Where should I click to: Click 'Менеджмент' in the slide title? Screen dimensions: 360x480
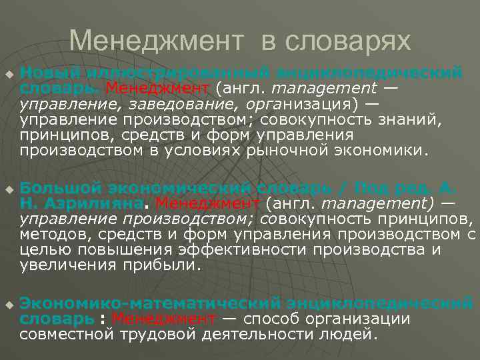tap(157, 41)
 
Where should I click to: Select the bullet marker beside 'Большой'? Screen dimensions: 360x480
tap(8, 189)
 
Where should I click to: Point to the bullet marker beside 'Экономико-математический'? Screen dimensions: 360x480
tap(8, 305)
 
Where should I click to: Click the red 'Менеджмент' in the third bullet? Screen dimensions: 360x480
tap(164, 319)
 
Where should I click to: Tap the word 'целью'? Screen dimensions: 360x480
tap(45, 249)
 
